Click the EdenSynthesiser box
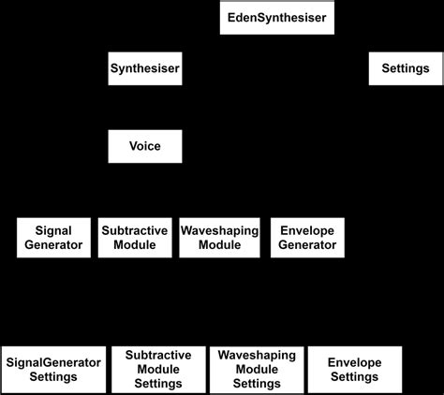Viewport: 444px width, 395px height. pos(278,18)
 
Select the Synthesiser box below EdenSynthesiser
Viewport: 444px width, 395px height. pos(144,68)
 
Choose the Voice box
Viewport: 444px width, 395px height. pos(144,147)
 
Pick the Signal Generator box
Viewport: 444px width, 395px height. pos(53,238)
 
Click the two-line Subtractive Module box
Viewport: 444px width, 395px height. pos(135,238)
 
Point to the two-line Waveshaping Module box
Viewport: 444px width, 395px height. pos(218,238)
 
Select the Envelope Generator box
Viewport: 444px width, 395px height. pos(307,238)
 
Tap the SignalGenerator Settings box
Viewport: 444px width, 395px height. pos(53,370)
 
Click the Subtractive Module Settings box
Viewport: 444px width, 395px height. pos(158,370)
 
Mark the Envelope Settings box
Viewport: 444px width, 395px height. pos(355,370)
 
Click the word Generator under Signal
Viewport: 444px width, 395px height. pos(53,246)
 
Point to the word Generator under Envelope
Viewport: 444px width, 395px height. pos(307,246)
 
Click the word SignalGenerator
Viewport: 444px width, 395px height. pos(53,361)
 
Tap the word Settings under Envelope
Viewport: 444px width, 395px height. pos(355,377)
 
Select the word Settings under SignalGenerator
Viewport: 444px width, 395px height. pos(53,378)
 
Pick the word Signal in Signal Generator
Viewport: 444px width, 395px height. pos(53,230)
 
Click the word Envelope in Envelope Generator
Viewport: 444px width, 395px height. pos(307,230)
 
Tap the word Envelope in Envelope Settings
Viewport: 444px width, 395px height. pos(355,362)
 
